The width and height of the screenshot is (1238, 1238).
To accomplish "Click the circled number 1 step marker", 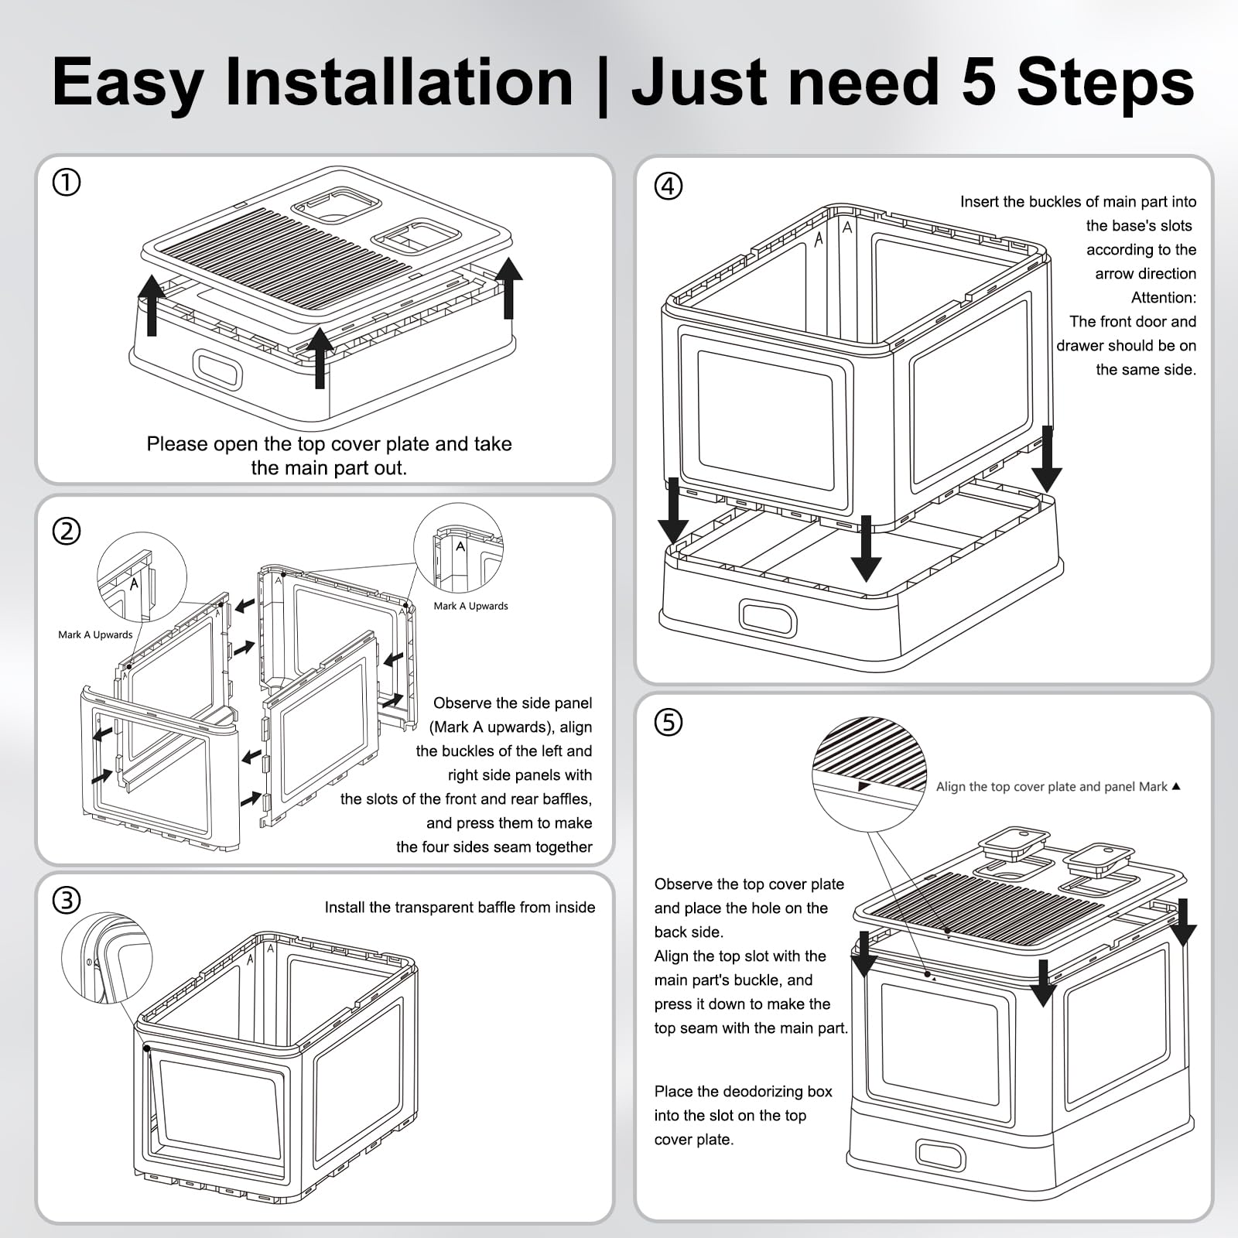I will coord(67,183).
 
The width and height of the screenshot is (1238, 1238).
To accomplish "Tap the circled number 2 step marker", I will coord(67,532).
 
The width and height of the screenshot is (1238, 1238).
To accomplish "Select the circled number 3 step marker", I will coord(67,900).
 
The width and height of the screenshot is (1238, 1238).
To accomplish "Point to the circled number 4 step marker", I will coord(669,186).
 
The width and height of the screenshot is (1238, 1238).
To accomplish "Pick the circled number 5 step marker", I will coord(669,722).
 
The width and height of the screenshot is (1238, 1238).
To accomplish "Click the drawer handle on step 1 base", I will coord(217,370).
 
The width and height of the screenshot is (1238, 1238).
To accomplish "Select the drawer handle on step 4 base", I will coord(767,617).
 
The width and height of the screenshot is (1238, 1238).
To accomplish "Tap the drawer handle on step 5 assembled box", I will coord(940,1154).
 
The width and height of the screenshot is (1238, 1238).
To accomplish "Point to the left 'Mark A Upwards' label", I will coord(95,634).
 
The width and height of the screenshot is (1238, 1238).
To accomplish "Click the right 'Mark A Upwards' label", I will coord(470,606).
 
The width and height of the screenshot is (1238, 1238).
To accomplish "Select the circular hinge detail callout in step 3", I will coord(107,957).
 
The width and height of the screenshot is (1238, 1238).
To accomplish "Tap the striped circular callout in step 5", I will coord(870,775).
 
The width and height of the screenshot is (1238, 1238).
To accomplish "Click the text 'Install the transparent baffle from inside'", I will coord(460,907).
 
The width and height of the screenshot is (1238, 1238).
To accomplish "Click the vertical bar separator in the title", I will coord(602,84).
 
